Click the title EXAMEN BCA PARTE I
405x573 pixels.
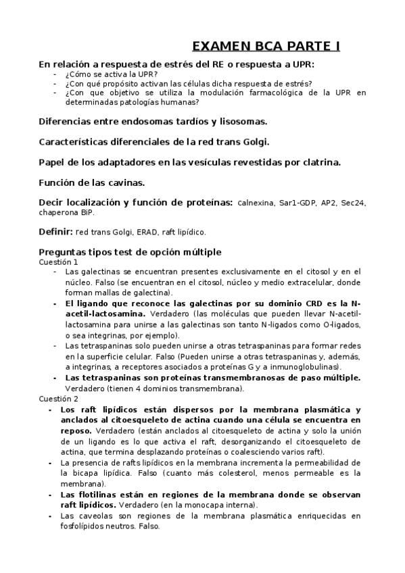(x=266, y=46)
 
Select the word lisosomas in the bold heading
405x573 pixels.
(x=240, y=122)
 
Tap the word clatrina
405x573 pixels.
(x=318, y=162)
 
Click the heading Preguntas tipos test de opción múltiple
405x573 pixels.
(x=130, y=252)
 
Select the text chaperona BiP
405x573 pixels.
(x=66, y=212)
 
